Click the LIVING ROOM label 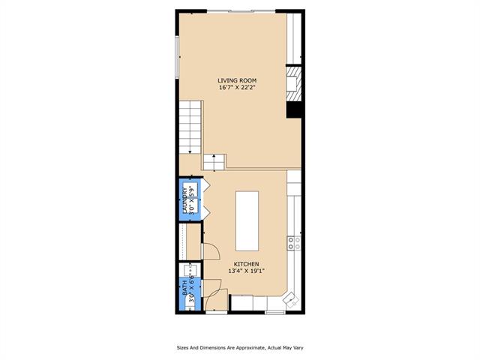[237, 80]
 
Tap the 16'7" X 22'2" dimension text [237, 88]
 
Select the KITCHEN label [247, 264]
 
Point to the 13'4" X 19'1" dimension [247, 271]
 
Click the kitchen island [247, 221]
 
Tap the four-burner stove [294, 243]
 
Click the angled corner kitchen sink [290, 298]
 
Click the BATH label [185, 288]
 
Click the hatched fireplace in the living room [294, 83]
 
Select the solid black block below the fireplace [294, 109]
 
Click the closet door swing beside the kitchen [211, 252]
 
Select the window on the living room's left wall [177, 57]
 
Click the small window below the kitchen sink [275, 313]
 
